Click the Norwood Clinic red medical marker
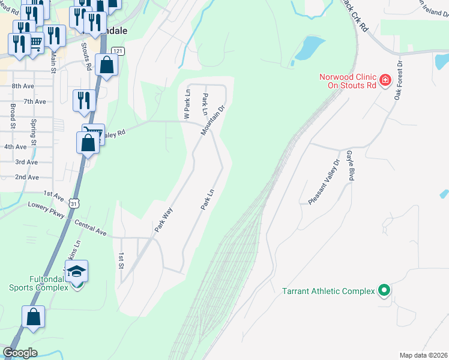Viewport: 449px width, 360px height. [385, 79]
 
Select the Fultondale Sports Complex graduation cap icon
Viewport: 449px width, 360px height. [77, 273]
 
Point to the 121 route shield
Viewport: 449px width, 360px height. [118, 52]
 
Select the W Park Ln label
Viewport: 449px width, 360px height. [187, 104]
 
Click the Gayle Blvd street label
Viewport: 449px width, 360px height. [350, 166]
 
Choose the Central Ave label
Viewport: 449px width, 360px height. [90, 227]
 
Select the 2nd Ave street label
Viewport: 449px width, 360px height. [26, 178]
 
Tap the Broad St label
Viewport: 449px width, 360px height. [12, 116]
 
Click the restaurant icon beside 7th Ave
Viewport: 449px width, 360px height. [83, 100]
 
